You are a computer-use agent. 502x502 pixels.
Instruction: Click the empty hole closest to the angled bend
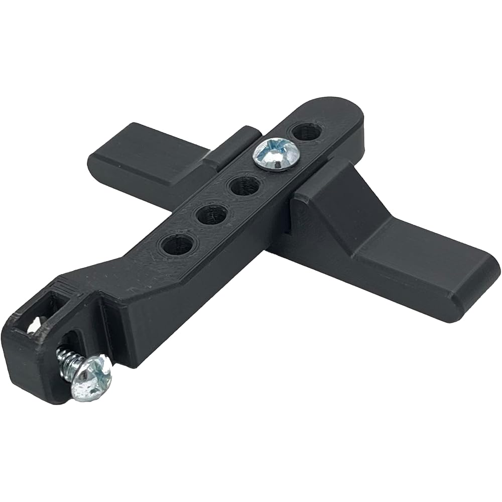[x=177, y=245]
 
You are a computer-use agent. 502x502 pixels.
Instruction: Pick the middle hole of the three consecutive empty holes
[x=210, y=216]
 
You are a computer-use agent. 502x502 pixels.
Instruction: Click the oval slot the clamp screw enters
[x=75, y=341]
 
